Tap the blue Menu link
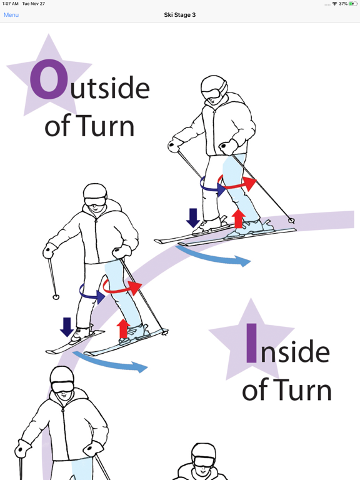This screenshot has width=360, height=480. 11,15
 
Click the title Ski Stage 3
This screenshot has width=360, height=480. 180,15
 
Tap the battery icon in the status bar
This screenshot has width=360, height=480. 353,4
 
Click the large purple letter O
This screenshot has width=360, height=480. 48,79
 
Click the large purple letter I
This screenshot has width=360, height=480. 251,343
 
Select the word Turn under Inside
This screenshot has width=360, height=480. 301,389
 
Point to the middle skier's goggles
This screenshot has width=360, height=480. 94,201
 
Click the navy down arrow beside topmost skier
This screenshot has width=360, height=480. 193,217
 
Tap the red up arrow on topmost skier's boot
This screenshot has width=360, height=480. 238,219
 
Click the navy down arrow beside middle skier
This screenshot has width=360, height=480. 66,327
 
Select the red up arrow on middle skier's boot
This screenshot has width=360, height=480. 123,329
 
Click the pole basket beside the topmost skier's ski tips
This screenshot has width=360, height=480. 291,221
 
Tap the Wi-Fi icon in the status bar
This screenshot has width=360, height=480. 334,4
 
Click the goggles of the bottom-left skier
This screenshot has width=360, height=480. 62,387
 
